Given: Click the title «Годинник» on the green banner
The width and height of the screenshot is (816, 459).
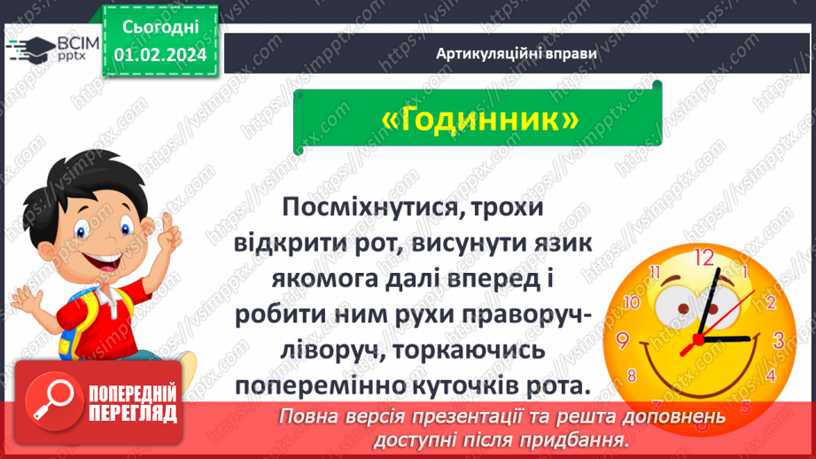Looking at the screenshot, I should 483,121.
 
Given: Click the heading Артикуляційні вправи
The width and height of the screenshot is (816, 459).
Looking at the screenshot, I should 517,52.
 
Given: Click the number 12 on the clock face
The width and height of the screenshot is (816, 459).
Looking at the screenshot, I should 703,258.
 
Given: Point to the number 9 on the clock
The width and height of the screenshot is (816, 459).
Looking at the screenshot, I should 623,339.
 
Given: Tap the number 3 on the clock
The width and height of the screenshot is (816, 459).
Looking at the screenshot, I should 779,339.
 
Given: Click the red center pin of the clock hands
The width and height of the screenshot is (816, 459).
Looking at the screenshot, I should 698,338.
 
